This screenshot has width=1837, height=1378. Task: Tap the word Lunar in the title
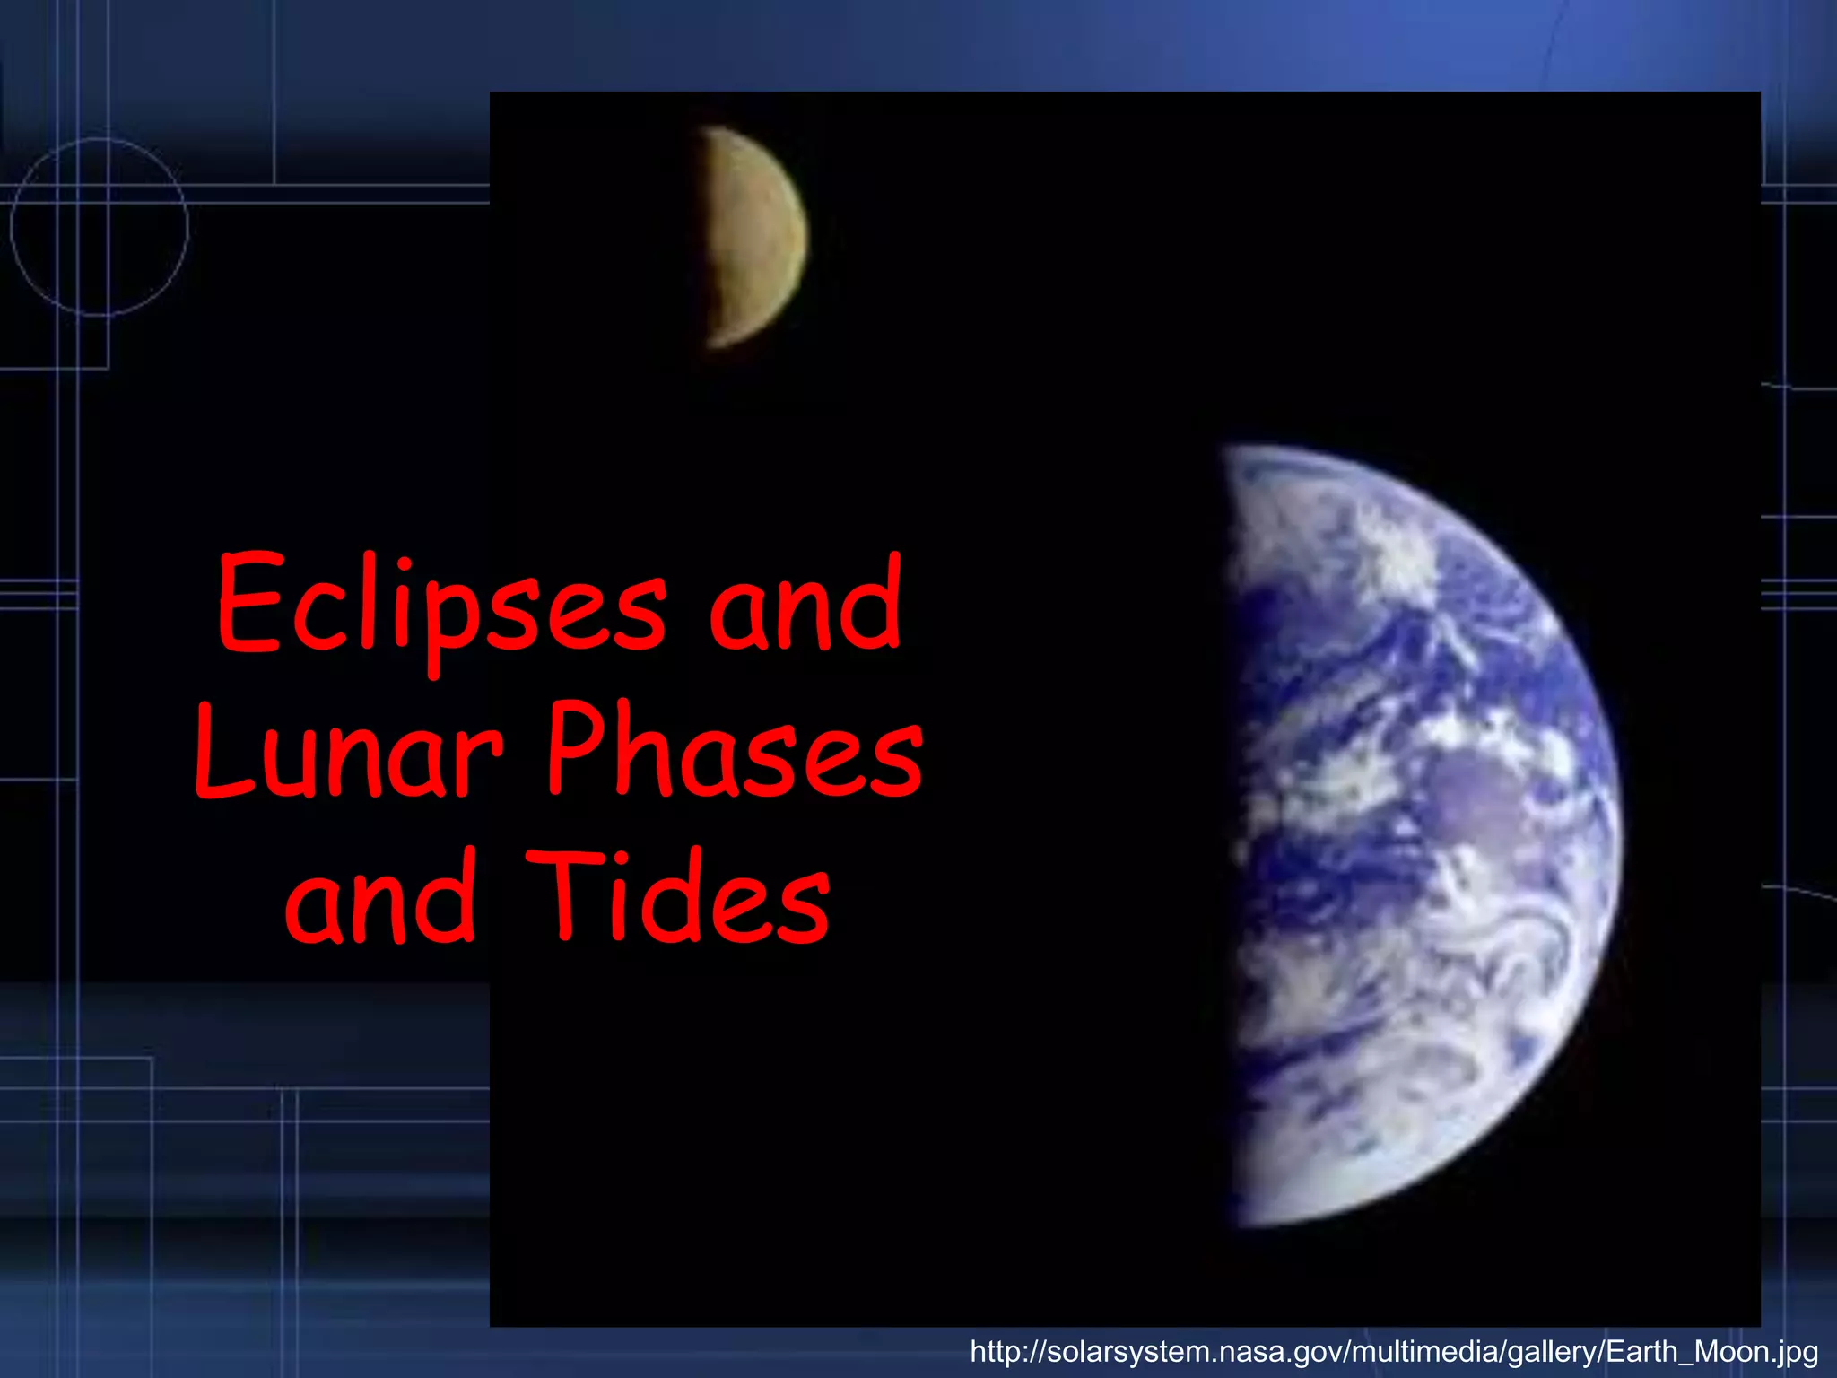[x=348, y=754]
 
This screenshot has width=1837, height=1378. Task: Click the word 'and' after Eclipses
[x=805, y=606]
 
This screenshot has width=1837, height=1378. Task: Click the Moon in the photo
[x=753, y=238]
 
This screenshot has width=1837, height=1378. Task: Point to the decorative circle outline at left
[x=99, y=227]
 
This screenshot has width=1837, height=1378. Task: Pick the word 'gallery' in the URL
[x=1553, y=1351]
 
